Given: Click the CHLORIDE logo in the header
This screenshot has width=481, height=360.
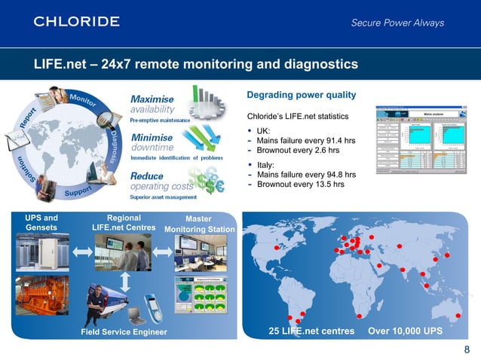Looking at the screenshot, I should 76,21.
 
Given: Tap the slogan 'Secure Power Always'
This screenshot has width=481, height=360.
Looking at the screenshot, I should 397,23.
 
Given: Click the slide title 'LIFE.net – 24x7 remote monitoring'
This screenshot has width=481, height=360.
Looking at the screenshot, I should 195,65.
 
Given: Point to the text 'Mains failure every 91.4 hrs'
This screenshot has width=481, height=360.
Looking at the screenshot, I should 306,140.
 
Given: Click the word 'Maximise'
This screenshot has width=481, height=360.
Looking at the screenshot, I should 152,99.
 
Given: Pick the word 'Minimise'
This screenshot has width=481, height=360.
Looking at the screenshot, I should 152,138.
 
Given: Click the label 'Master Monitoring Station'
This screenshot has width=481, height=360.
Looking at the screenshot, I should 201,224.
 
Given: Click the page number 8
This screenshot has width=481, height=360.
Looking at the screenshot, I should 467,349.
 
